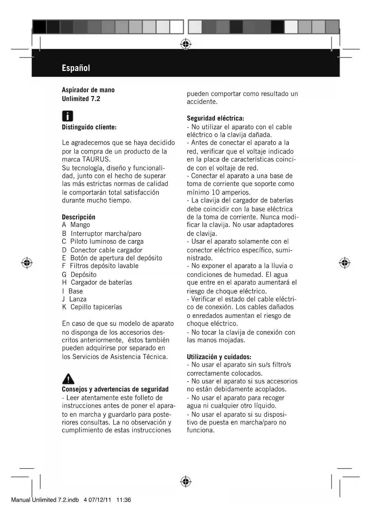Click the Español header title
(76, 68)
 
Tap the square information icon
(68, 116)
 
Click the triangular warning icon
(68, 379)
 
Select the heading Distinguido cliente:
(89, 127)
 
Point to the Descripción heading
(78, 217)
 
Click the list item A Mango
(76, 225)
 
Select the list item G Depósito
(79, 274)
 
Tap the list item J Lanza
(74, 299)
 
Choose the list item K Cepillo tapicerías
(92, 307)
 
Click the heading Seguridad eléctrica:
(216, 118)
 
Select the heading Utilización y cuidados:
(219, 357)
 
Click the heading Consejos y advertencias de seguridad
(115, 389)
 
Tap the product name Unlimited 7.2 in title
(81, 99)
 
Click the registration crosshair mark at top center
(186, 44)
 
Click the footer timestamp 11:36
(123, 500)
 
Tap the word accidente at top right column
(202, 102)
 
